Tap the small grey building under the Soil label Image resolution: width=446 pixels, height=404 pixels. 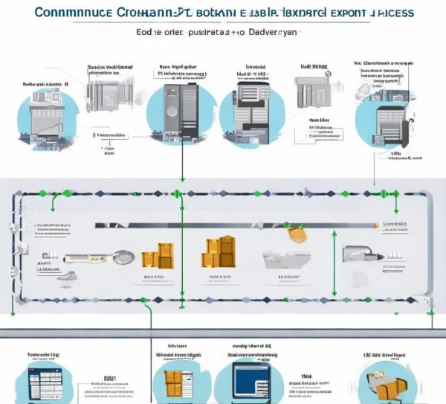(310, 93)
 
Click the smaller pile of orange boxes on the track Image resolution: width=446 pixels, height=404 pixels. (157, 257)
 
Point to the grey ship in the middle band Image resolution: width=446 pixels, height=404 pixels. (285, 260)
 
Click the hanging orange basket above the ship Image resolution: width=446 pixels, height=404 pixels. (298, 234)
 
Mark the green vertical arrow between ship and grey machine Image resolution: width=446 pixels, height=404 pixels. (334, 253)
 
